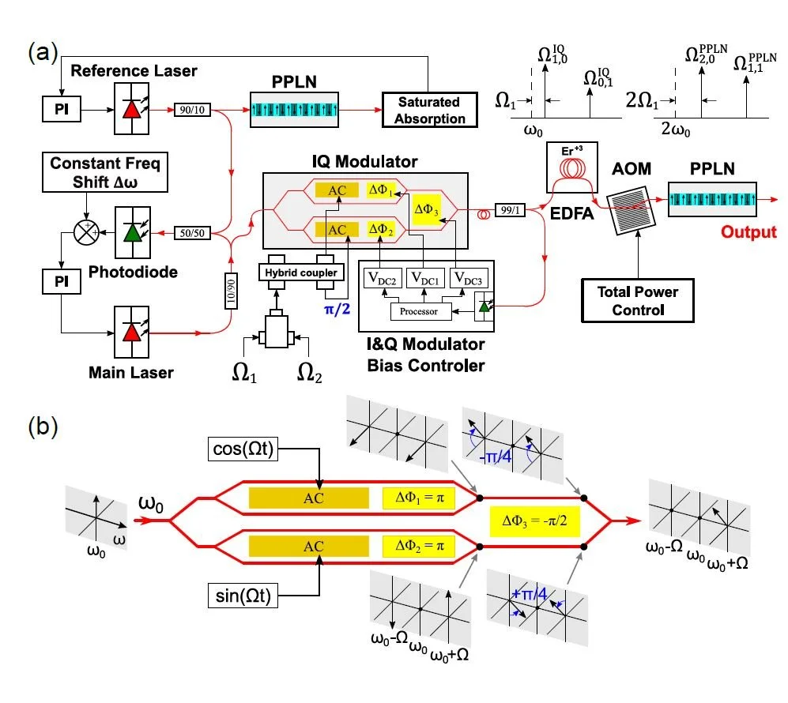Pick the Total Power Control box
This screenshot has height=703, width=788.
pos(638,300)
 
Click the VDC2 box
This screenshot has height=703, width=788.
pos(383,278)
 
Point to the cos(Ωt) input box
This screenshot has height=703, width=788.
pos(240,449)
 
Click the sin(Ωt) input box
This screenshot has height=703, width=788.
pos(241,597)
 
